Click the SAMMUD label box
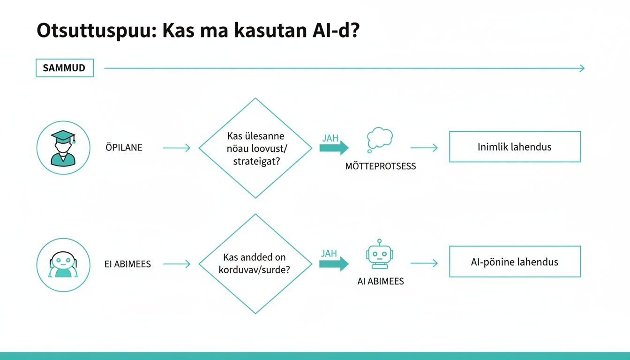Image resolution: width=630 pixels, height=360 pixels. (x=64, y=68)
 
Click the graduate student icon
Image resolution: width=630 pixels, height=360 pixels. (x=63, y=148)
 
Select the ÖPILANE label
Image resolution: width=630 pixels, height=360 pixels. (x=124, y=148)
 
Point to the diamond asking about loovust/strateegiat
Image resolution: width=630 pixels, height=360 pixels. (x=255, y=148)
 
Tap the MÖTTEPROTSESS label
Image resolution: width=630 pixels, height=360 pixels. (x=380, y=166)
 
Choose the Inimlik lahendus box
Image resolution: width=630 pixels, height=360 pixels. (x=515, y=147)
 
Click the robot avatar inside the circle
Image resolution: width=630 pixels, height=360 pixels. (x=63, y=264)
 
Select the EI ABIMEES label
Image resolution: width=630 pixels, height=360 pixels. (x=127, y=264)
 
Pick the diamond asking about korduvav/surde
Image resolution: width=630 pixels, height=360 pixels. (x=255, y=264)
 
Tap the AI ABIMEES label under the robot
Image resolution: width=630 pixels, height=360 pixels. (x=380, y=282)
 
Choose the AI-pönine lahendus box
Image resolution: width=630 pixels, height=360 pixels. (x=515, y=262)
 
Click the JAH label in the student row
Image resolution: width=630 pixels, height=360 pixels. (x=330, y=139)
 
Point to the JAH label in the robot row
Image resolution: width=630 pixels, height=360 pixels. (x=329, y=254)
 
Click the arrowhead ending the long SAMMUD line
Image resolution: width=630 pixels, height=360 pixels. (x=582, y=68)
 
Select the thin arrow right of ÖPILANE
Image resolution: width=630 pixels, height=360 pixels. (x=177, y=148)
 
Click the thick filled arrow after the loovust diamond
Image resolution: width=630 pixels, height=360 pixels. (x=334, y=148)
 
